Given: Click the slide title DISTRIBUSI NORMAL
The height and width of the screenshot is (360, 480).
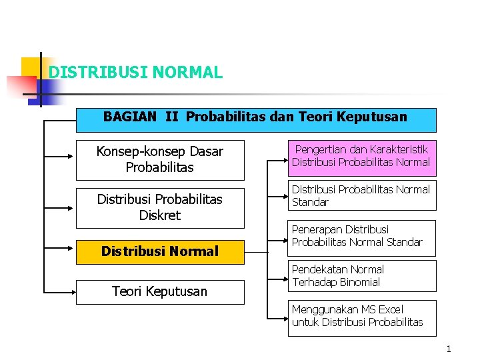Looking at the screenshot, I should [136, 72].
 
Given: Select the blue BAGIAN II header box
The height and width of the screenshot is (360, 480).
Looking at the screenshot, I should [257, 120].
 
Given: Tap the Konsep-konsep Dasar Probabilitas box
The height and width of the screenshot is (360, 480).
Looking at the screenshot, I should [160, 160].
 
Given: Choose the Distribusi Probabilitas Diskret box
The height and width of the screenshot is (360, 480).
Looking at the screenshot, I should [160, 207].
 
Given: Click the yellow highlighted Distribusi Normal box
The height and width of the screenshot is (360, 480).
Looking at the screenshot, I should [160, 251].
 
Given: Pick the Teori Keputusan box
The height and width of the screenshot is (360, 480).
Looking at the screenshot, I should [160, 291].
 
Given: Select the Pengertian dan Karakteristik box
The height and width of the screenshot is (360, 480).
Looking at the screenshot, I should [361, 156].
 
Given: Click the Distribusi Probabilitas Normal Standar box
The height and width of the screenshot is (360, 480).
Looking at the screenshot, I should [361, 196].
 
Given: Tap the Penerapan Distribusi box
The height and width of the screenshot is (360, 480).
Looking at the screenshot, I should [361, 236].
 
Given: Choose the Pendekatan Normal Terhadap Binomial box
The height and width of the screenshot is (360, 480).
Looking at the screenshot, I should [361, 276].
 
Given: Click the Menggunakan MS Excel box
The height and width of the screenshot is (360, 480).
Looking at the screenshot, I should [361, 316].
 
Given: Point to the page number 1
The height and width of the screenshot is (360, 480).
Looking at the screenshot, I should [449, 349].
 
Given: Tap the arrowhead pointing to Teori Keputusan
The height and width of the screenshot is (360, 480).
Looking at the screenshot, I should [71, 291].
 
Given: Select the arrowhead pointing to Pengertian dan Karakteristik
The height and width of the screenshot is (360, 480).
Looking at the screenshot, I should [283, 161].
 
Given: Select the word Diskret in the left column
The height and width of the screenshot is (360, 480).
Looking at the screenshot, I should [160, 215].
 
